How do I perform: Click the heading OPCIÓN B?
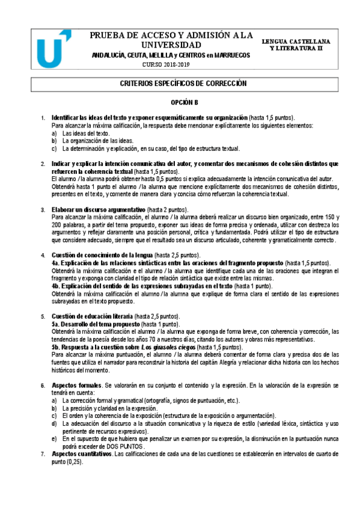[180, 103]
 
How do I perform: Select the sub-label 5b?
[57, 348]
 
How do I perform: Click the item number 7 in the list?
[43, 454]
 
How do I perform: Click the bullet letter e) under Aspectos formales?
[55, 440]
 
